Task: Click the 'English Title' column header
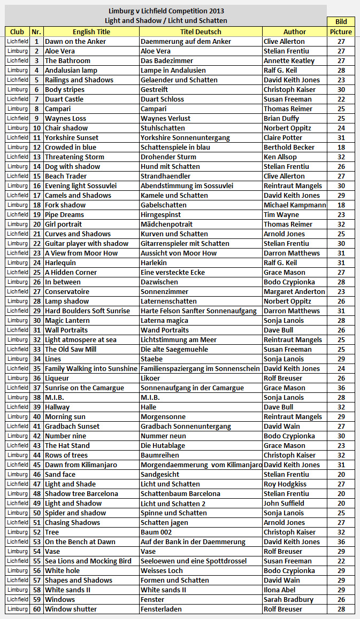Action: click(91, 32)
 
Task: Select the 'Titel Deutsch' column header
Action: click(201, 32)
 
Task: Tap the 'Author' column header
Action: click(294, 32)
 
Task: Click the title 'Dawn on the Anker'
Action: click(75, 41)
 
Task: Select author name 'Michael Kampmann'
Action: click(295, 205)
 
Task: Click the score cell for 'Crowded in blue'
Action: click(341, 147)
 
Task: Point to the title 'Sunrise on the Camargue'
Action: click(85, 388)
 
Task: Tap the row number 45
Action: click(37, 465)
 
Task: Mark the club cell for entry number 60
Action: click(18, 609)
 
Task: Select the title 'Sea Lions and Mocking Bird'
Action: click(88, 561)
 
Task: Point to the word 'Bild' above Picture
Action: click(341, 22)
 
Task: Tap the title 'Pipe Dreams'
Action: click(64, 214)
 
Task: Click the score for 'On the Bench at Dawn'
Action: click(341, 541)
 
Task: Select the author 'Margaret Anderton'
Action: click(294, 291)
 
